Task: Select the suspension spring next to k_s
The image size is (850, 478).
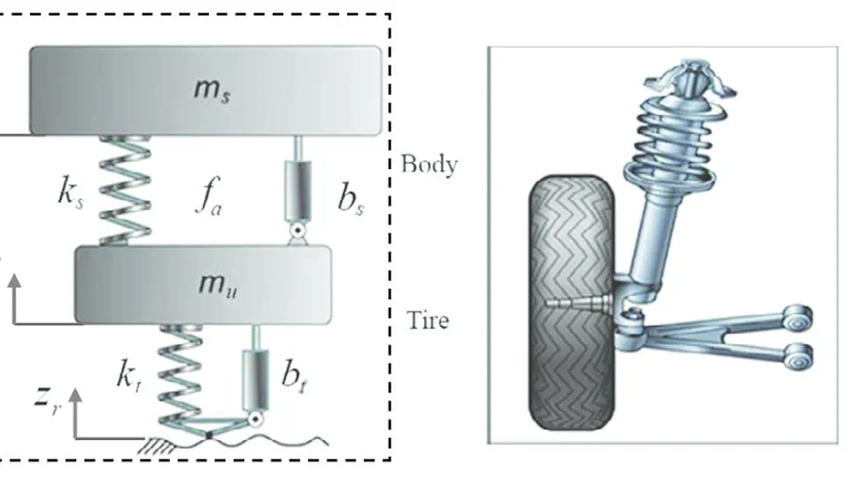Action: tap(127, 190)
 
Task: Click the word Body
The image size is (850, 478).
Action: tap(429, 165)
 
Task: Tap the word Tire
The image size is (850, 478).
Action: tap(427, 320)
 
